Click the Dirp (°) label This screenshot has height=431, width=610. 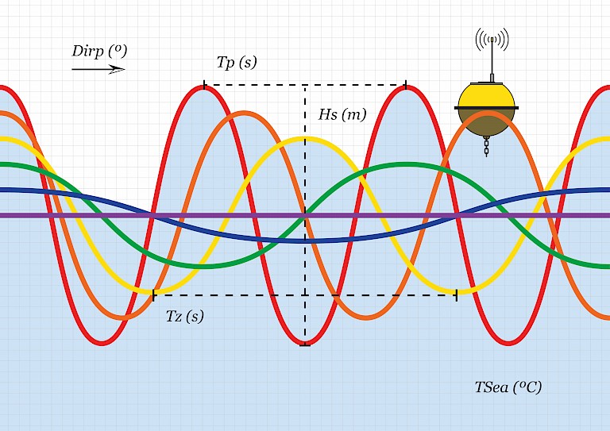coord(99,52)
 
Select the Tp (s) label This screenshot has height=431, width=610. coord(237,62)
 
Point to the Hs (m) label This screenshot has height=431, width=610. coord(342,114)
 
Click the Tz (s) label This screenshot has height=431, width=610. coord(184,316)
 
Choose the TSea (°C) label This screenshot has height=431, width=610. coord(508,387)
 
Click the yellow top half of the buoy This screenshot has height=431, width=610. coord(487,94)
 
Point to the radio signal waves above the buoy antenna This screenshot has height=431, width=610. coord(492,38)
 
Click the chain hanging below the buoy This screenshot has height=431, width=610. coord(486,145)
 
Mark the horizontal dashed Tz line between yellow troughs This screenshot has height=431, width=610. coord(238,295)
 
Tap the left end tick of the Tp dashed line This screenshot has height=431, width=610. coord(205,84)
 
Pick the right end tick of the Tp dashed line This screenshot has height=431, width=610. coord(406,84)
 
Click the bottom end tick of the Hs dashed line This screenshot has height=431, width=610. coord(305,345)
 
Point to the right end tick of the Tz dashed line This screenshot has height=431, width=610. coord(457,295)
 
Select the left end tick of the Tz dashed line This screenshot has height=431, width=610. coord(153,295)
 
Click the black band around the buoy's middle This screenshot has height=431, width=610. coord(487,107)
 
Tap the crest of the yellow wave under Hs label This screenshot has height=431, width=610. coord(305,140)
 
